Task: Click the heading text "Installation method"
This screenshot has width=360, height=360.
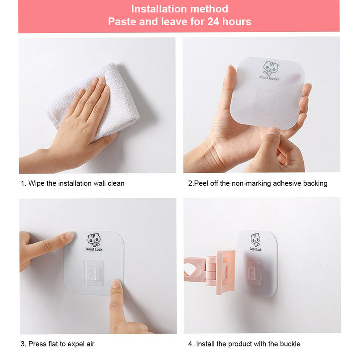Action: pyautogui.click(x=180, y=9)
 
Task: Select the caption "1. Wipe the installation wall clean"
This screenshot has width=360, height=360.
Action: pyautogui.click(x=73, y=183)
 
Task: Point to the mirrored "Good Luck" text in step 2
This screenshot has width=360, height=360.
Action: pyautogui.click(x=269, y=78)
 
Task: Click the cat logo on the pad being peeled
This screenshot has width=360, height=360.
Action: pyautogui.click(x=271, y=68)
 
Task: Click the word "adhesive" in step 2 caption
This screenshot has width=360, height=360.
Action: pyautogui.click(x=287, y=183)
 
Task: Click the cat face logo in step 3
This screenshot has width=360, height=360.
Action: pyautogui.click(x=94, y=240)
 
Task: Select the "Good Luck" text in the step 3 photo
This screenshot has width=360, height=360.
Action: pyautogui.click(x=94, y=249)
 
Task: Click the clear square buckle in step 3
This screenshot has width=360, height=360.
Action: pyautogui.click(x=93, y=273)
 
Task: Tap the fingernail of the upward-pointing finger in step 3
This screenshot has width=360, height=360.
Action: pyautogui.click(x=116, y=284)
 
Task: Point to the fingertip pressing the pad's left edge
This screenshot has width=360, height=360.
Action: pyautogui.click(x=69, y=236)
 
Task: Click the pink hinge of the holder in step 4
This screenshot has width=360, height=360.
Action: pyautogui.click(x=211, y=271)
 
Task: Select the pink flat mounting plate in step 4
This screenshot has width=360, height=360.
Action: pyautogui.click(x=226, y=272)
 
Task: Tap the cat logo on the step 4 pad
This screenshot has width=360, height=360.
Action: pyautogui.click(x=255, y=240)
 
